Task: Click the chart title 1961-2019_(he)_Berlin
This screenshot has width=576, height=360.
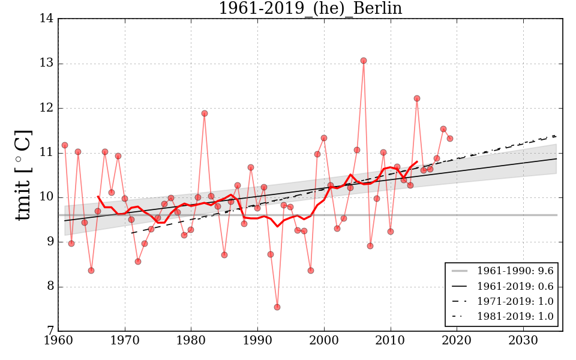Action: (x=310, y=8)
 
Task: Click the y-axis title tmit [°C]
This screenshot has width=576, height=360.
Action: (x=23, y=175)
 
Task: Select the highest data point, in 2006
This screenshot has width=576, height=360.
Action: (x=364, y=61)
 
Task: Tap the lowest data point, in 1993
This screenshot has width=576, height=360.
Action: (x=277, y=307)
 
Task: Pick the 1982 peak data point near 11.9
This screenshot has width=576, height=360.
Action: (x=205, y=113)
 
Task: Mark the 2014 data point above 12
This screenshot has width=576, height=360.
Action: (x=417, y=98)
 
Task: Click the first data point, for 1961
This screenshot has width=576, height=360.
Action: (x=65, y=145)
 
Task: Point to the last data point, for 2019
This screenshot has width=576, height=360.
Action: (x=450, y=139)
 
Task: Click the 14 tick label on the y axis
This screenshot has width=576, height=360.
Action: (x=47, y=19)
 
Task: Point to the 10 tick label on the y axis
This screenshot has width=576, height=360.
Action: (x=47, y=197)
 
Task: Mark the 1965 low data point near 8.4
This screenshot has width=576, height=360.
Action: (x=91, y=271)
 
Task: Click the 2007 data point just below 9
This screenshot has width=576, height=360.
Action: (x=370, y=246)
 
